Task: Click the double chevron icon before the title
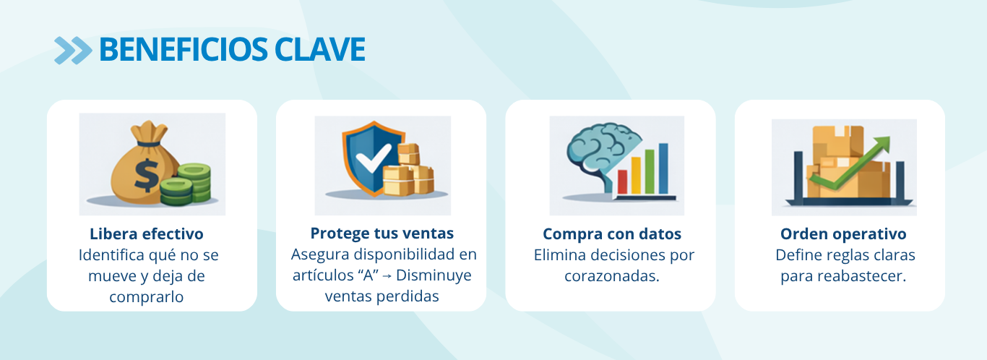(x=73, y=50)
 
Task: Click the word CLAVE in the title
(x=320, y=49)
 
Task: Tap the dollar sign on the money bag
(x=146, y=176)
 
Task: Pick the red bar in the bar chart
(x=622, y=181)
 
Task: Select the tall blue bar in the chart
(x=663, y=168)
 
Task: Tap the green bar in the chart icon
(x=650, y=172)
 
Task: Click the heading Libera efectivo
(x=147, y=234)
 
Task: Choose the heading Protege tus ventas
(x=382, y=233)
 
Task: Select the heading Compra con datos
(x=612, y=234)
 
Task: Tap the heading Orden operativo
(x=843, y=234)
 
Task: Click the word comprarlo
(x=146, y=297)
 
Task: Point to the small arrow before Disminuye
(x=387, y=276)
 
